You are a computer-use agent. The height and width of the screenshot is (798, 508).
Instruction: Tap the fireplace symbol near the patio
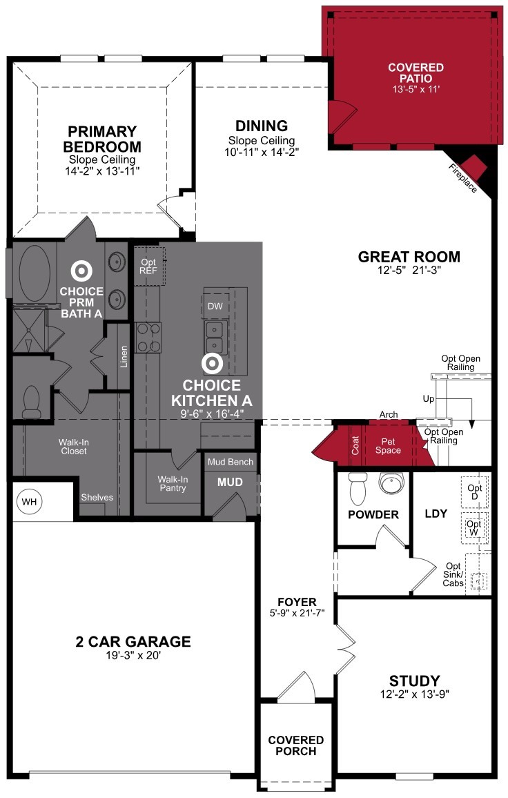click(475, 166)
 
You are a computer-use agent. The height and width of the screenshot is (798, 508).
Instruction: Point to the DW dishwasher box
click(215, 306)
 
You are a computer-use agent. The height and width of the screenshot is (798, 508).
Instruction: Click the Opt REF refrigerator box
click(148, 267)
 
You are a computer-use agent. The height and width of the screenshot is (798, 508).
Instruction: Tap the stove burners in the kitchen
click(146, 337)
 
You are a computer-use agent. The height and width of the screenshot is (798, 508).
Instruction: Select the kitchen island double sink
click(215, 336)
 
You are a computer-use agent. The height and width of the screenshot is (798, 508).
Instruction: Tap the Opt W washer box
click(474, 528)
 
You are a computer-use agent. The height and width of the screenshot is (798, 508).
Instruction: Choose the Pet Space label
click(387, 445)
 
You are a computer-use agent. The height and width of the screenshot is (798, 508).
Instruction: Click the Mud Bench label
click(231, 462)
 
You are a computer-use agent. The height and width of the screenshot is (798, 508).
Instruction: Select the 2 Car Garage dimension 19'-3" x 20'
click(133, 656)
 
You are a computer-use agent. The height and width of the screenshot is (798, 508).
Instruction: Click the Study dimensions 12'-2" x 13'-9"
click(414, 694)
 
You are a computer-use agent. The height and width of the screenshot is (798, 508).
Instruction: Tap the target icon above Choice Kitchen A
click(211, 363)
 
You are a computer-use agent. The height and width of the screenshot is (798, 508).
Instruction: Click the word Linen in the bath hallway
click(124, 356)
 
